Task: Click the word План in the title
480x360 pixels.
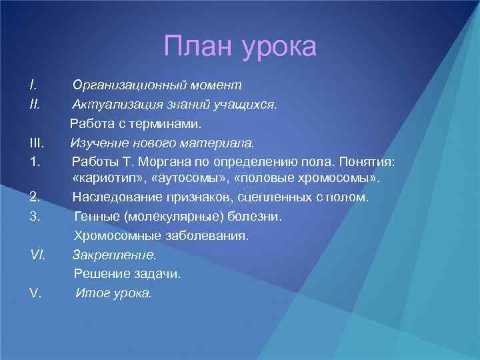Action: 199,47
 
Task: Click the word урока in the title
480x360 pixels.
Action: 279,48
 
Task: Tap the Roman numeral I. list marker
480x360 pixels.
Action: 33,85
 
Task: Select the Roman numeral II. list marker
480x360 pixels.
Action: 35,104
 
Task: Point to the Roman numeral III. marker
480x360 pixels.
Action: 37,142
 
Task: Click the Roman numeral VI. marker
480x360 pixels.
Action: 38,255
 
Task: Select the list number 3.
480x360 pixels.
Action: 35,217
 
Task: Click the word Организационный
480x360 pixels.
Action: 122,85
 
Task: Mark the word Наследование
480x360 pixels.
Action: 113,198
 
